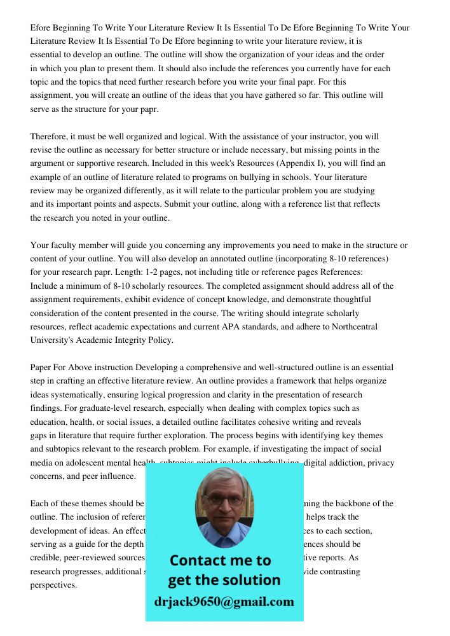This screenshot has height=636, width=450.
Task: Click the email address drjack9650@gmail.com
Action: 224,602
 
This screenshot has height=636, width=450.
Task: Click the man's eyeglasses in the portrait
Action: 224,501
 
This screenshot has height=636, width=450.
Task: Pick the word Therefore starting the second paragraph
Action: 51,137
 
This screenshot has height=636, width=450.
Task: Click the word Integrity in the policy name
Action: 135,340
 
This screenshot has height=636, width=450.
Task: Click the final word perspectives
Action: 53,584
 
